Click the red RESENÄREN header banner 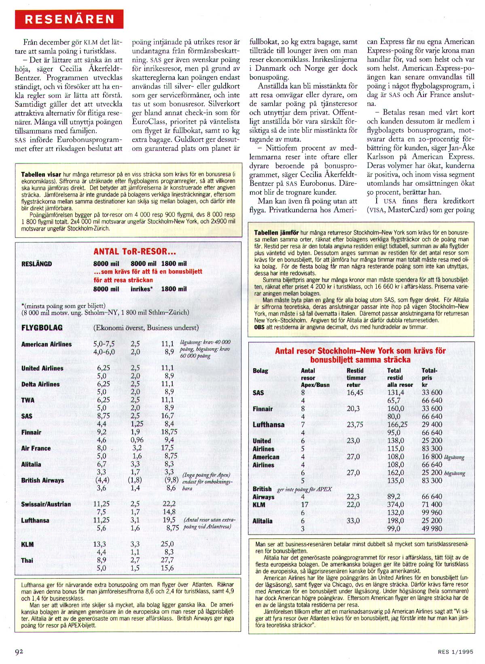pyautogui.click(x=69, y=19)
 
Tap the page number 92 pyautogui.click(x=19, y=651)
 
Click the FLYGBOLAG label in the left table pyautogui.click(x=42, y=328)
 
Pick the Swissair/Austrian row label pyautogui.click(x=46, y=504)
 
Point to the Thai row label pyautogui.click(x=28, y=560)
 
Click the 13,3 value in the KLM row pyautogui.click(x=100, y=544)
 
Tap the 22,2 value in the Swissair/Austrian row pyautogui.click(x=169, y=504)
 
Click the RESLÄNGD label pyautogui.click(x=37, y=264)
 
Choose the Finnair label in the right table pyautogui.click(x=263, y=409)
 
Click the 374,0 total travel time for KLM pyautogui.click(x=395, y=505)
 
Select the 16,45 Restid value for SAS pyautogui.click(x=355, y=392)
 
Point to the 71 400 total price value pyautogui.click(x=432, y=505)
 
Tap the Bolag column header pyautogui.click(x=261, y=371)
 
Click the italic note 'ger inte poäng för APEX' pyautogui.click(x=304, y=489)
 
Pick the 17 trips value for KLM pyautogui.click(x=305, y=505)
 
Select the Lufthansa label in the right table pyautogui.click(x=269, y=425)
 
